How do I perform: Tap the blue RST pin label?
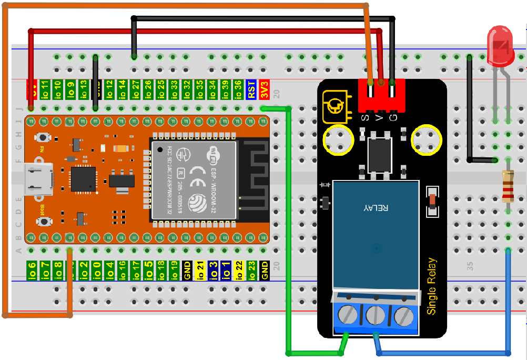251,89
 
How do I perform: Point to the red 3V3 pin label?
265,89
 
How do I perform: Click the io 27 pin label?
135,89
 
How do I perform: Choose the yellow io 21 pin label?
200,270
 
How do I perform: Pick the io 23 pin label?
251,270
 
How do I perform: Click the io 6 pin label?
32,270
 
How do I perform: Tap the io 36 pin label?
238,89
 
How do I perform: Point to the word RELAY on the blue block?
376,208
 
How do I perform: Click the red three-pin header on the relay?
382,95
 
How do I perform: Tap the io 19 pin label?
174,270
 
